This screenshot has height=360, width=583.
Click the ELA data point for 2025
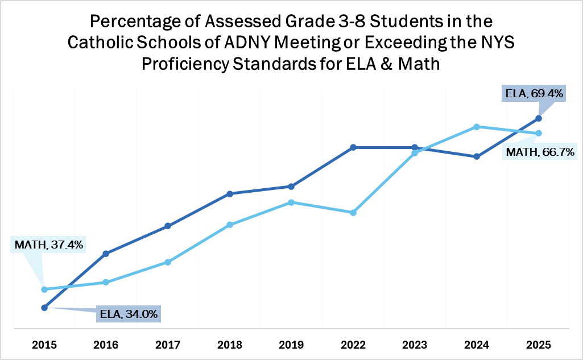(x=538, y=118)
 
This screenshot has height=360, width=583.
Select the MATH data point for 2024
(x=477, y=127)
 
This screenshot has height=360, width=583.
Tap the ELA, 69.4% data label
(x=534, y=93)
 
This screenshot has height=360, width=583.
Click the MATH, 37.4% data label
(x=48, y=245)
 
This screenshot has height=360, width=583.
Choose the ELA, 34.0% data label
(x=129, y=314)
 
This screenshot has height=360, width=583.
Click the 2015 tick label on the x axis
(x=44, y=344)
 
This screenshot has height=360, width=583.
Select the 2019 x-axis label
(x=291, y=344)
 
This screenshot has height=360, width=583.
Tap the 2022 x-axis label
(x=353, y=344)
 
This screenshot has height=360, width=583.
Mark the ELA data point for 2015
(x=44, y=308)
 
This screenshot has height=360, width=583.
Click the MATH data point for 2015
(x=44, y=289)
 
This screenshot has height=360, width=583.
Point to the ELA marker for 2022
(x=353, y=147)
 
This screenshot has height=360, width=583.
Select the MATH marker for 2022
(x=353, y=213)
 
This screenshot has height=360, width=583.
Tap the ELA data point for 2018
(x=229, y=194)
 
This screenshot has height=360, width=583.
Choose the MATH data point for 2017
(x=168, y=262)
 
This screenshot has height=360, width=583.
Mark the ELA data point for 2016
(x=106, y=253)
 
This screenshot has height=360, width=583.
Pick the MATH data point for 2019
(x=291, y=202)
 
